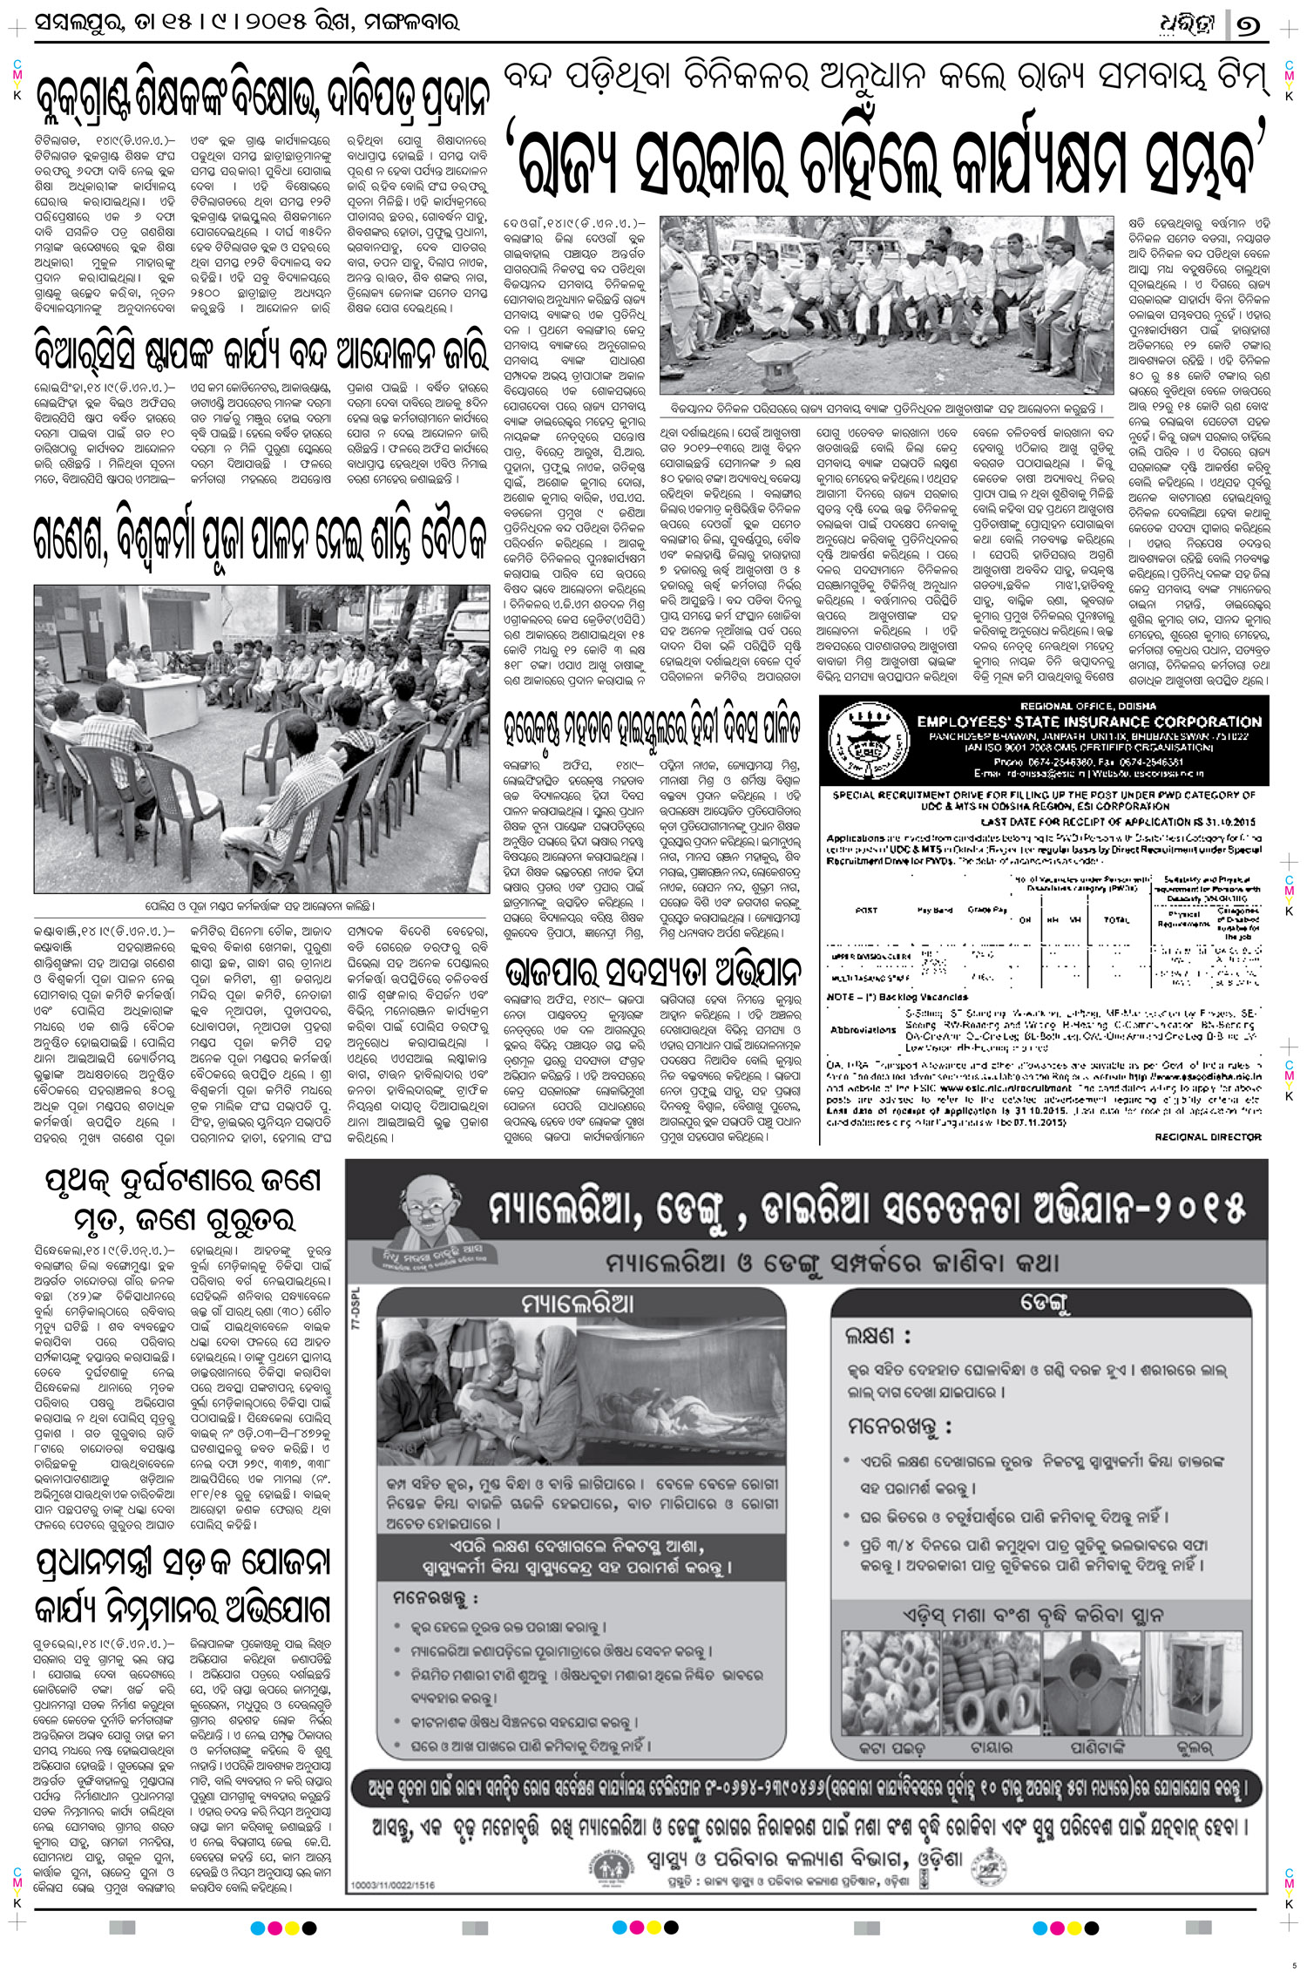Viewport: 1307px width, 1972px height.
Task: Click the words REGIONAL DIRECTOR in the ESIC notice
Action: click(1208, 1137)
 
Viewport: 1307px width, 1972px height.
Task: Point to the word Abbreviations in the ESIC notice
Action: click(863, 1029)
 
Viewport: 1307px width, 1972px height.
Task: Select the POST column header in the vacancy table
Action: click(866, 910)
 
